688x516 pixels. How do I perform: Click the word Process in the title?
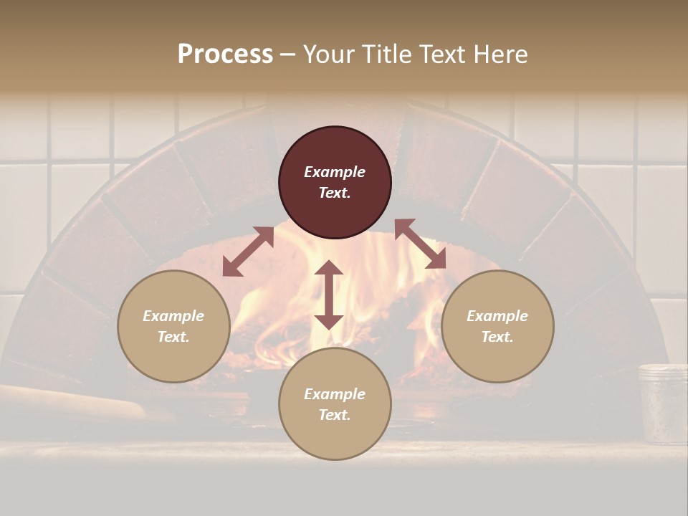pos(225,54)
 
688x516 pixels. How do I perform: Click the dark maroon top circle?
pos(335,182)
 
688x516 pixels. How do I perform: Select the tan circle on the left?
pos(173,326)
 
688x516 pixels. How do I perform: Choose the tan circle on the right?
pos(497,326)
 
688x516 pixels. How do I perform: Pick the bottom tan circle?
pos(335,404)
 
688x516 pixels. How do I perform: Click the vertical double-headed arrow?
pos(329,295)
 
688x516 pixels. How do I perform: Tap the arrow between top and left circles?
pos(247,251)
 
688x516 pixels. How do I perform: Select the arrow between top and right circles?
pos(421,244)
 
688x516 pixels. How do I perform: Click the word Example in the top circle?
pos(335,172)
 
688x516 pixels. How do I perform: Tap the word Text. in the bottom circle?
pos(335,415)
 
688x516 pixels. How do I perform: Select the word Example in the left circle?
pos(173,316)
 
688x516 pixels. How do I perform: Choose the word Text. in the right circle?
pos(497,337)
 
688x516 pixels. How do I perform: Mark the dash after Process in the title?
pos(287,54)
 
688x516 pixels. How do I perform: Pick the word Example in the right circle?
pos(497,316)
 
